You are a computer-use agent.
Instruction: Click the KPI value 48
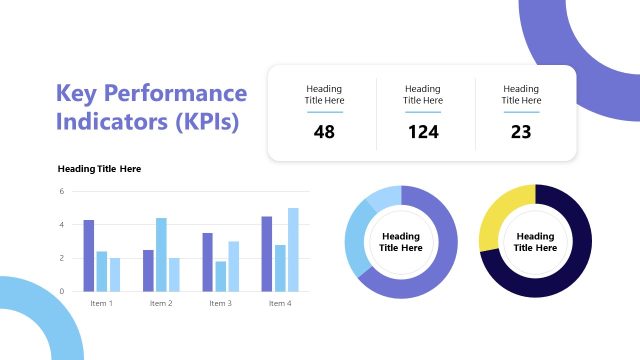point(324,131)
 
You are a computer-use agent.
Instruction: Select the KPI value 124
point(423,131)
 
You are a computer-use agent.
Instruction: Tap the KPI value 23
point(520,131)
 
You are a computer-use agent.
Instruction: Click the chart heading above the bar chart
point(99,169)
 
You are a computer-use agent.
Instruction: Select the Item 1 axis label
point(101,303)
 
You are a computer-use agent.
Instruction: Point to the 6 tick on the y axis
point(61,191)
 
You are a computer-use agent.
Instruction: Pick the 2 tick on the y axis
point(61,258)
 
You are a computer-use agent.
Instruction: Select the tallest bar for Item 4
point(293,249)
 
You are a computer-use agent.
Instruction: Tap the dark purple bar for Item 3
point(207,262)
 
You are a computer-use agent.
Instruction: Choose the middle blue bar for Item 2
point(161,254)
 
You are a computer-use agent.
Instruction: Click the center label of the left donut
point(400,242)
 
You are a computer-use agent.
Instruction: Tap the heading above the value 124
point(422,95)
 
